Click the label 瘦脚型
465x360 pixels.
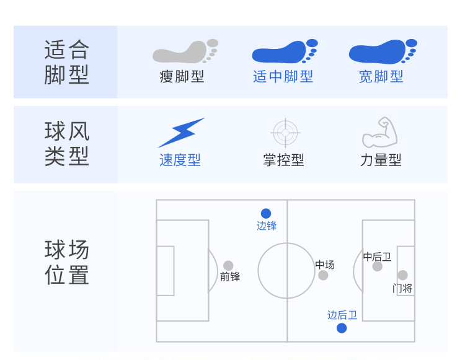tap(182, 76)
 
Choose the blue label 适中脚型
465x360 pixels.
tap(283, 76)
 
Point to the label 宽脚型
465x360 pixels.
tap(381, 76)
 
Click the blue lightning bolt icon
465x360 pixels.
tap(181, 133)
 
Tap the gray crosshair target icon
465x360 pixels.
tap(285, 133)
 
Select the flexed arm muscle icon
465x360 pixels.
tap(380, 132)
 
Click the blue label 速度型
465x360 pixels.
tap(180, 160)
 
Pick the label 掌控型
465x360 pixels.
tap(283, 160)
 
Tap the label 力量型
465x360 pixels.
tap(381, 160)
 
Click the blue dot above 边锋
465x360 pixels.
tap(266, 213)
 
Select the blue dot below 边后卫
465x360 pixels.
tap(342, 328)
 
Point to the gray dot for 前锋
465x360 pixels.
tap(228, 265)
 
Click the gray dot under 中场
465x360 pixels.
tap(323, 275)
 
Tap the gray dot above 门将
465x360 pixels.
tap(402, 275)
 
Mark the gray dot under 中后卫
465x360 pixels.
tap(377, 266)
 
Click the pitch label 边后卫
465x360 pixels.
tap(342, 315)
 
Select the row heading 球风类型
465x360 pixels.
tap(67, 144)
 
